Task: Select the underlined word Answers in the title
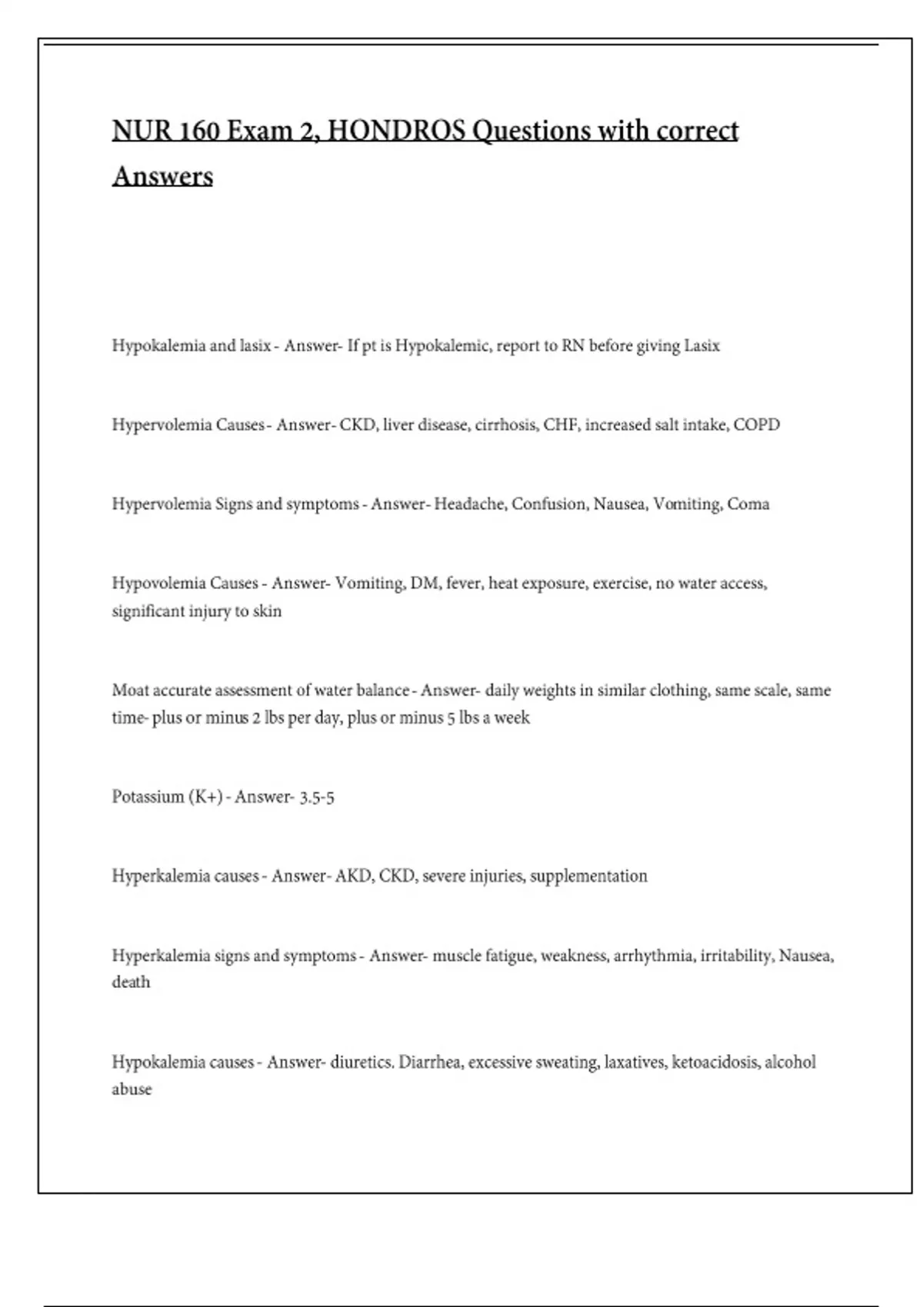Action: click(162, 176)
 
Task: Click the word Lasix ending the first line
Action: click(701, 346)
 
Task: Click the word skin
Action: click(267, 611)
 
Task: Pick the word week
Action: click(511, 718)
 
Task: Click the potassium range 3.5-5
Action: click(317, 797)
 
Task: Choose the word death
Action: click(131, 983)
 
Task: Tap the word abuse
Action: click(132, 1089)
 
